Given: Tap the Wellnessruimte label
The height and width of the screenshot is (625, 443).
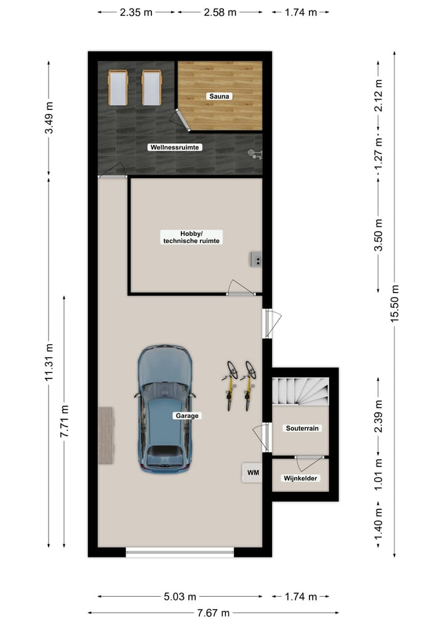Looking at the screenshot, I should [175, 147].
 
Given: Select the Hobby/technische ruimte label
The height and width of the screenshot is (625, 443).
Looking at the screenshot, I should [191, 237].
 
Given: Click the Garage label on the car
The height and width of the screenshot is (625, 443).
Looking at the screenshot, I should [187, 415].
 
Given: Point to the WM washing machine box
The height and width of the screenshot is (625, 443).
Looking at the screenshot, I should [252, 472].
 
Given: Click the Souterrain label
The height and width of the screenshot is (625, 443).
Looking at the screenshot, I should [302, 428].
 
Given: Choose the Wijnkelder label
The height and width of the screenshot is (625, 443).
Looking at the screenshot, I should [301, 478].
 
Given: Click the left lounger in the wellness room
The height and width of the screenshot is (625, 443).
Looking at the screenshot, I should [118, 87].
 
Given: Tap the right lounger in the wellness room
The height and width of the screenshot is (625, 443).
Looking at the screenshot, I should [151, 87].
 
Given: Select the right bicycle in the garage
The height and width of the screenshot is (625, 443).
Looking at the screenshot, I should [249, 385].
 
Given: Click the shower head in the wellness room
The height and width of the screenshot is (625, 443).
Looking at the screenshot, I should [253, 152].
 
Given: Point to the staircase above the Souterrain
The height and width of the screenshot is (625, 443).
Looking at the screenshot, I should [300, 391].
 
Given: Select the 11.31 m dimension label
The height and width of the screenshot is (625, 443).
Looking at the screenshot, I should [49, 363].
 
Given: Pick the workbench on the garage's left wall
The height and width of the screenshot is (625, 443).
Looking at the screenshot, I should [106, 435].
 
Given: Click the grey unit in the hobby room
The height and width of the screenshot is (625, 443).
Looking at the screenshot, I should [256, 259].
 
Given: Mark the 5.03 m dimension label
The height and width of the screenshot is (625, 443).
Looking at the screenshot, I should [180, 596].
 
